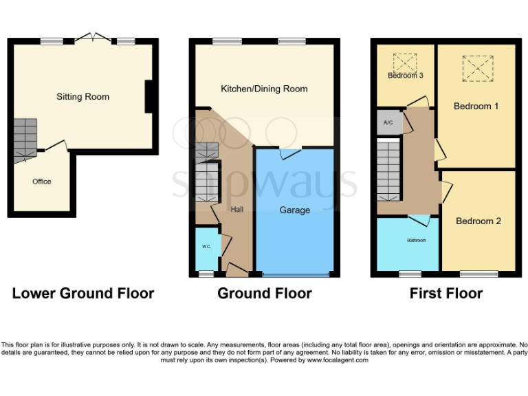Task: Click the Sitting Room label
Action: (x=82, y=97)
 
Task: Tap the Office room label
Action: (x=42, y=181)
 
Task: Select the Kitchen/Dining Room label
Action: (x=264, y=89)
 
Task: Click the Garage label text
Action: (x=294, y=210)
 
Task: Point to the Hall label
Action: (x=236, y=209)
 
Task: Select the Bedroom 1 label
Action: (x=476, y=106)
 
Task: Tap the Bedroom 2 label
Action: (x=478, y=221)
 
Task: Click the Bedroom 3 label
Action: (x=405, y=75)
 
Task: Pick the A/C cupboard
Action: (x=388, y=122)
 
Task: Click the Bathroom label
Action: (x=416, y=240)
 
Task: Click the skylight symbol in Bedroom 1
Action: (x=478, y=69)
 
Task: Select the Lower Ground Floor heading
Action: (x=82, y=294)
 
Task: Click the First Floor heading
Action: (x=445, y=294)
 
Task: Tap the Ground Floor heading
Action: (x=264, y=294)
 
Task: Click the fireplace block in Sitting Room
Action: (x=148, y=96)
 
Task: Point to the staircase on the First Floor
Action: (x=389, y=168)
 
